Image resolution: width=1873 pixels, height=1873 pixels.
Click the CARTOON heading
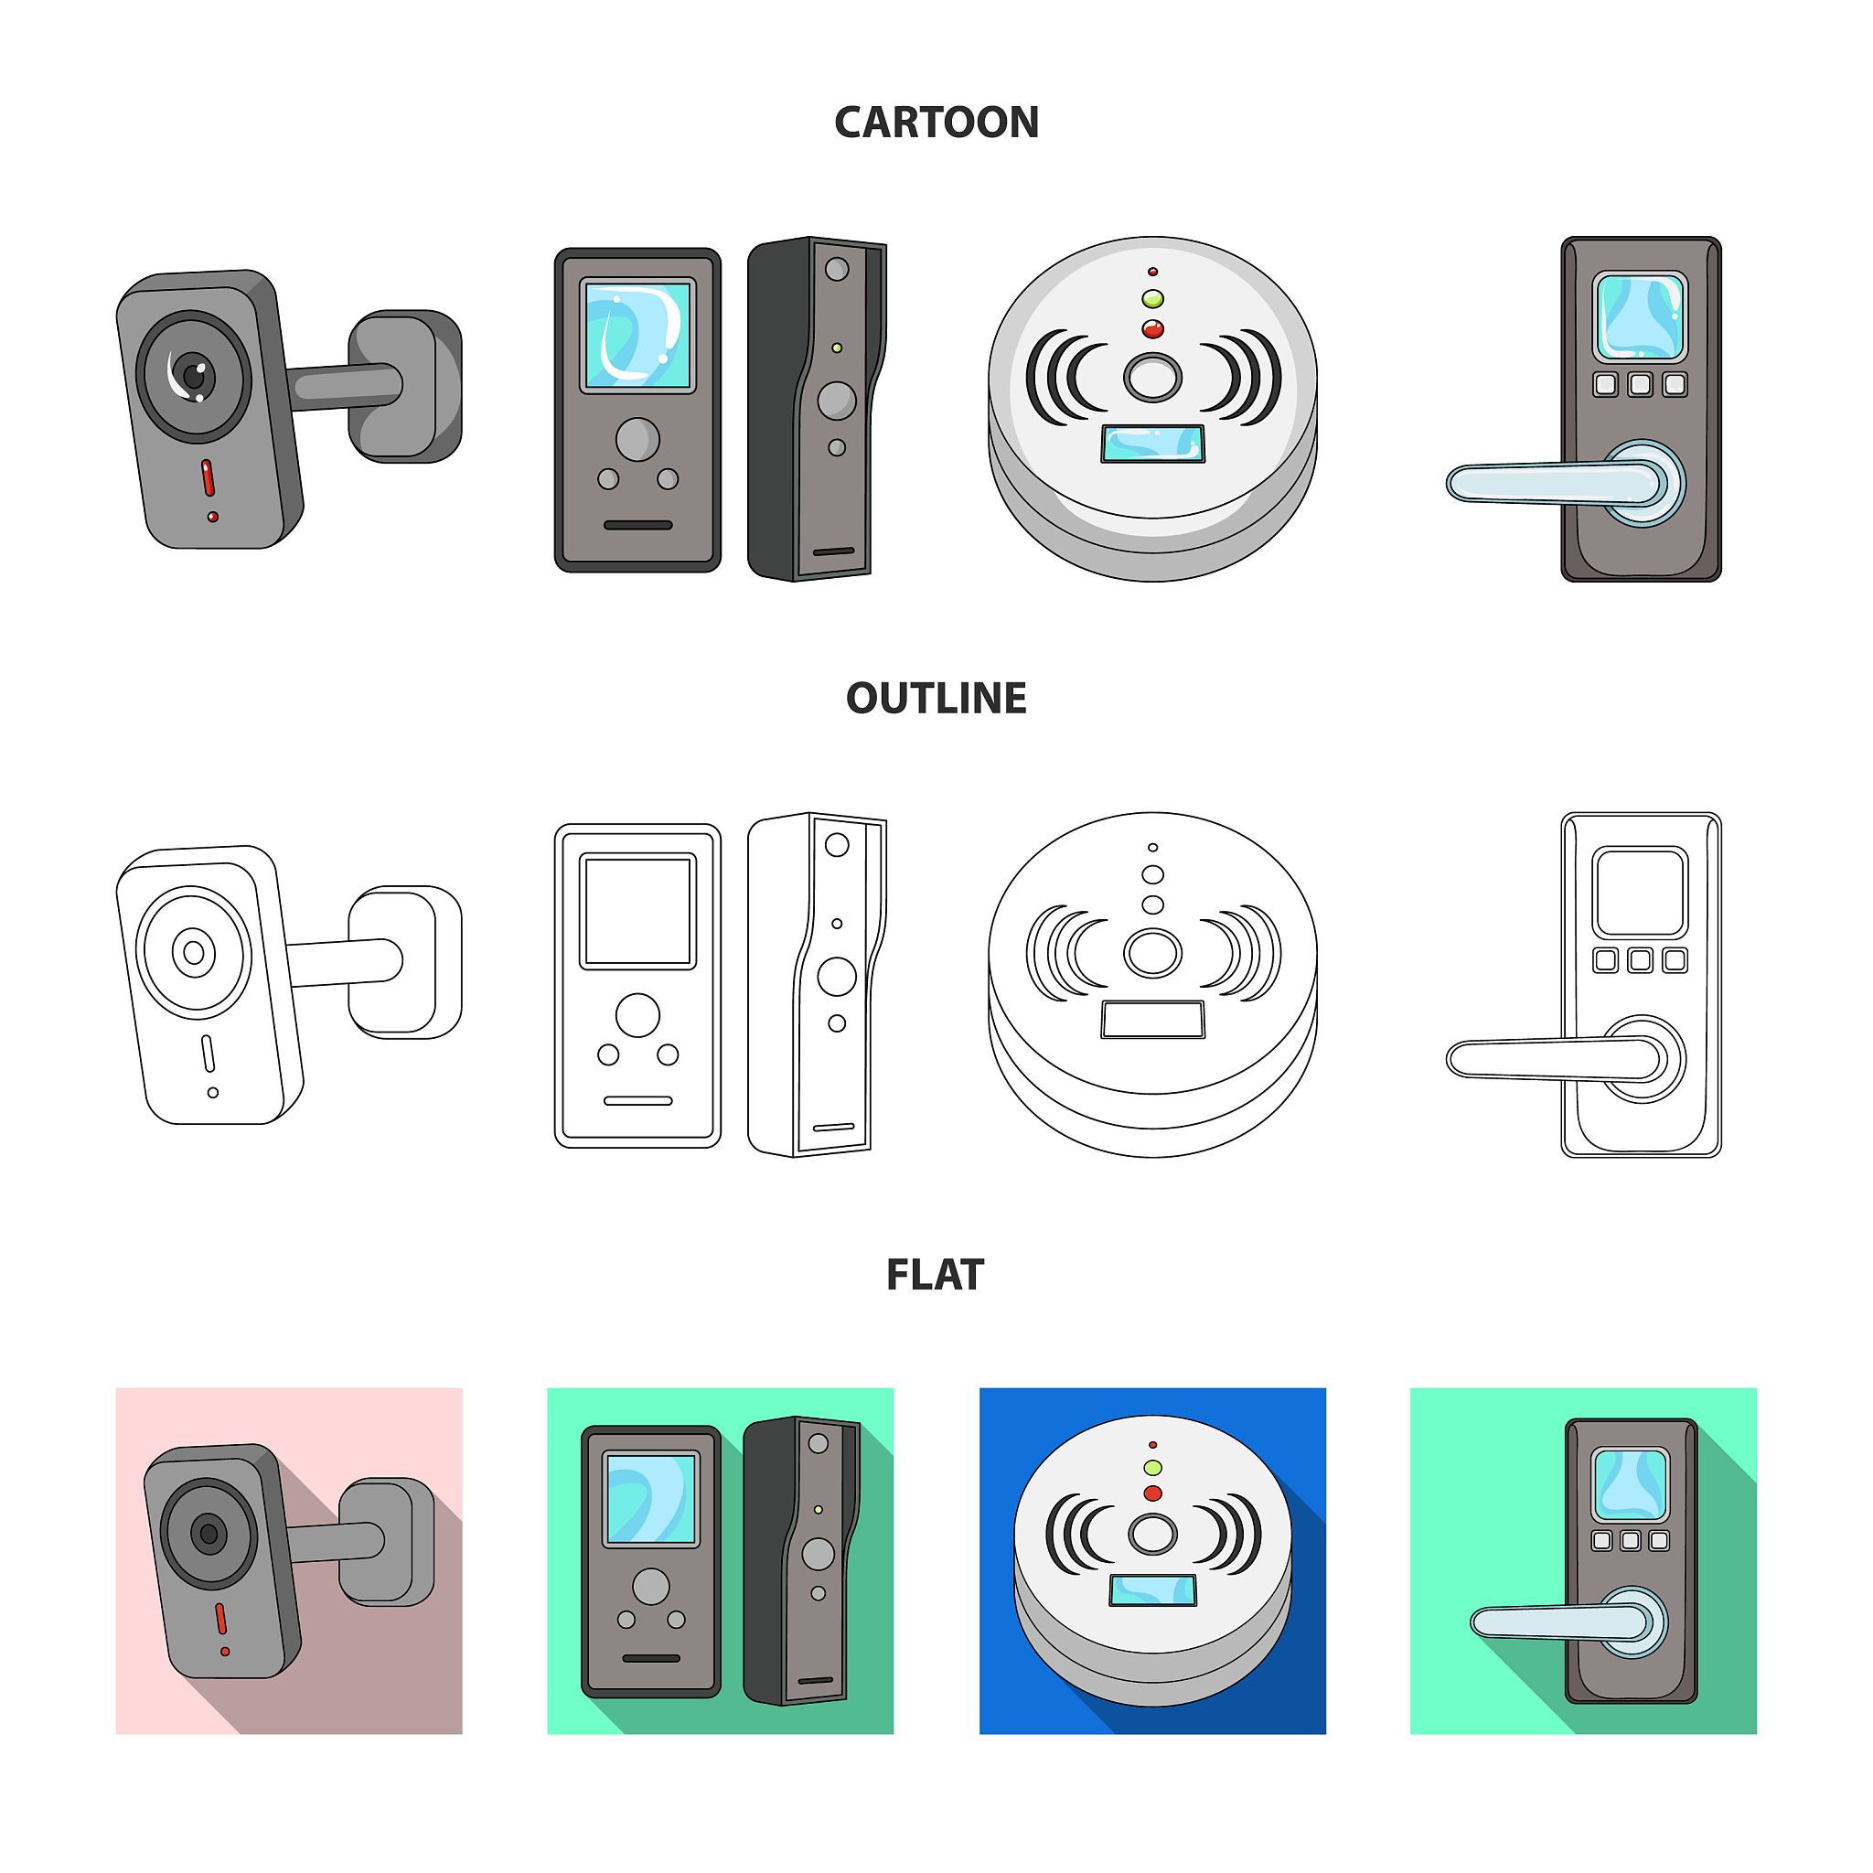(936, 123)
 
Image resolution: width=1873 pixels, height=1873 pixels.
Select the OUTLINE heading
(936, 698)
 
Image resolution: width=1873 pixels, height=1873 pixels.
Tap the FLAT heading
(936, 1275)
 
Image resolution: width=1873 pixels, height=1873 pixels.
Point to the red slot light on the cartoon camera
(208, 478)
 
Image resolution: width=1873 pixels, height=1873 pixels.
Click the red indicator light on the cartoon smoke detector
(1152, 329)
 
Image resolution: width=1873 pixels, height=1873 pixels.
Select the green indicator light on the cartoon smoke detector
(1152, 298)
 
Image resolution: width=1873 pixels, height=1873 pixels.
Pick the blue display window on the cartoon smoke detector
(1152, 444)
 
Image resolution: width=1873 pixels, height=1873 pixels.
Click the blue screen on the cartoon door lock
(1641, 317)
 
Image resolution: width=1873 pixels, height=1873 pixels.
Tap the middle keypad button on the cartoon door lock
(1641, 385)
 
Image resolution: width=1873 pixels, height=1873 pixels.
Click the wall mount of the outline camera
(405, 962)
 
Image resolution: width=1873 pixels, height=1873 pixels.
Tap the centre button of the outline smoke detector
(1152, 953)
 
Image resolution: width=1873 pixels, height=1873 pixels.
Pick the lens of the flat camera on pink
(209, 1534)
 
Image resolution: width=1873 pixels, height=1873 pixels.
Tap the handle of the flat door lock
(1560, 1621)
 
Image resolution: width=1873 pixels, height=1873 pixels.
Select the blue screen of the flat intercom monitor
(651, 1499)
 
